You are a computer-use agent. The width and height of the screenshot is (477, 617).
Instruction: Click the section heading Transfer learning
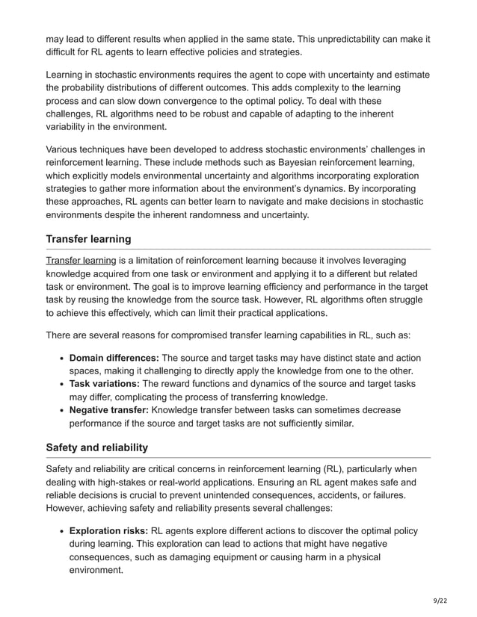(88, 239)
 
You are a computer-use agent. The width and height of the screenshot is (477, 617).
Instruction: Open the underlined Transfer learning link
(81, 260)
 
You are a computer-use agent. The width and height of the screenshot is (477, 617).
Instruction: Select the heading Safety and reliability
(96, 447)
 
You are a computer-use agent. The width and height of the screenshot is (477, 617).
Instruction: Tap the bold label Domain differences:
(114, 357)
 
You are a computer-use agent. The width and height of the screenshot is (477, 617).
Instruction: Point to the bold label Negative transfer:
(108, 409)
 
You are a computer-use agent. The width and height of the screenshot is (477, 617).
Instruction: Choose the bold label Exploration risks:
(108, 530)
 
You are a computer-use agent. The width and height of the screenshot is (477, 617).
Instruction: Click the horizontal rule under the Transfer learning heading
(238, 249)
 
